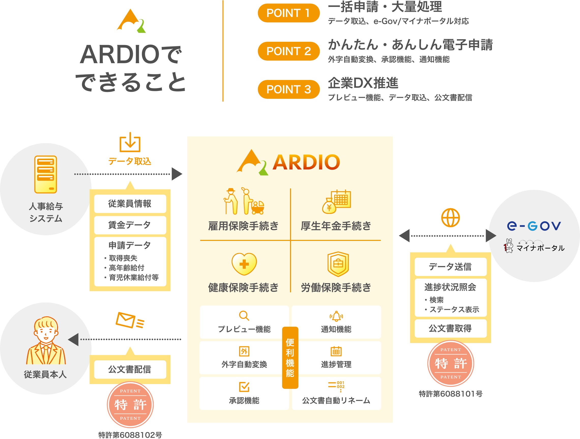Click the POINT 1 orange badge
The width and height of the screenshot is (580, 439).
(x=289, y=13)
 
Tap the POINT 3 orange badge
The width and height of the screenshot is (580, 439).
(x=289, y=89)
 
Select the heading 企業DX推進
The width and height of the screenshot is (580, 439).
(x=363, y=83)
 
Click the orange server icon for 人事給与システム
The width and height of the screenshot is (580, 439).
(x=46, y=174)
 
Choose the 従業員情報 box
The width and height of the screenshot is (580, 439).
(x=130, y=204)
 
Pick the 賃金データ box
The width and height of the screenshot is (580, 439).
(x=130, y=225)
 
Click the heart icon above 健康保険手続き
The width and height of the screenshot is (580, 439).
(x=244, y=264)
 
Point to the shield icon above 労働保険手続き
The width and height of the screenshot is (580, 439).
(x=338, y=264)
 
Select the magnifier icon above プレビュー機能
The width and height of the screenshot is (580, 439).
(x=244, y=316)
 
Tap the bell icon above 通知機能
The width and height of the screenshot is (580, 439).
(x=336, y=316)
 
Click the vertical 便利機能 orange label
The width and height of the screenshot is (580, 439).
(x=290, y=358)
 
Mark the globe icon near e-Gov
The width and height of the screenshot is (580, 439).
(x=451, y=218)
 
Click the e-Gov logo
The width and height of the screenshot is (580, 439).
(x=534, y=226)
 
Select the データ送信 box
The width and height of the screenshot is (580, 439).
(x=451, y=267)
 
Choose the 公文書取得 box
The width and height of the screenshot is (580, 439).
(x=451, y=328)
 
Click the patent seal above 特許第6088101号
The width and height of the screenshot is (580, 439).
(x=451, y=363)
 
